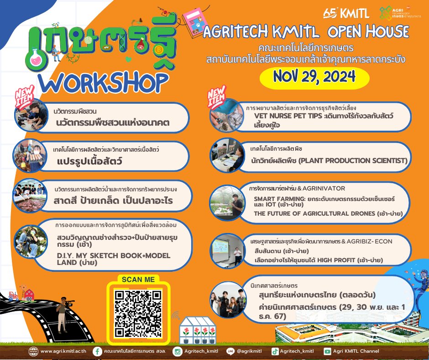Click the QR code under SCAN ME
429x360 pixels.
[138, 314]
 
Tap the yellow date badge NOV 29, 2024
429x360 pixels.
[314, 78]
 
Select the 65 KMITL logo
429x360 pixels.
[346, 13]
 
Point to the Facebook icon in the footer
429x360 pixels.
[97, 351]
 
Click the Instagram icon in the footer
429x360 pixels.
[177, 351]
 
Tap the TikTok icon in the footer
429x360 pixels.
[275, 351]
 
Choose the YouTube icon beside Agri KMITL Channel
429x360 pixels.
[327, 351]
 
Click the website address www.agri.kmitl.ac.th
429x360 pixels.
[63, 351]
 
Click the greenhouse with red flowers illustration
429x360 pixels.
[197, 330]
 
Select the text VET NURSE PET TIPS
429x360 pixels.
[288, 116]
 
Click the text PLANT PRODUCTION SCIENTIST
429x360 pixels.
[353, 160]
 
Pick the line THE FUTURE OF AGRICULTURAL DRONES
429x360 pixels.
[314, 213]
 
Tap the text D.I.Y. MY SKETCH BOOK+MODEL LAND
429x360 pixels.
[114, 259]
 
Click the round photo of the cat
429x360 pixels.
[227, 115]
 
